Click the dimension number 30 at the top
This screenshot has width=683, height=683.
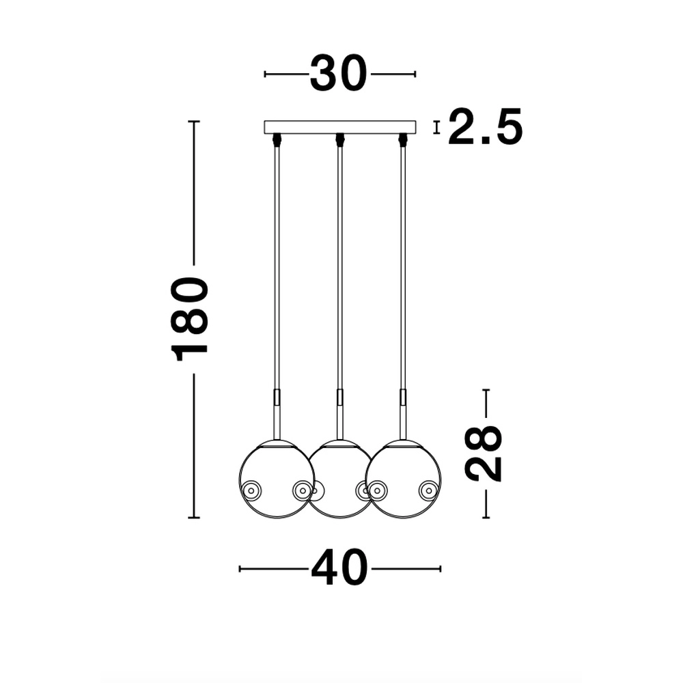(339, 74)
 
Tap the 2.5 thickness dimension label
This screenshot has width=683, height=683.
(485, 127)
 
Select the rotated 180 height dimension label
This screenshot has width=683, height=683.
(190, 319)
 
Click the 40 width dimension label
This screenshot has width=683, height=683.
(339, 568)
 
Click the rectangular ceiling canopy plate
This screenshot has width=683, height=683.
(339, 127)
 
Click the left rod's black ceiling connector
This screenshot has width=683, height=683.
(276, 139)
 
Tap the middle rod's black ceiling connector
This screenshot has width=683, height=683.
(339, 139)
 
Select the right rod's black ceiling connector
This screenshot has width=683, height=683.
(403, 139)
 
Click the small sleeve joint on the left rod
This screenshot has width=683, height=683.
(276, 397)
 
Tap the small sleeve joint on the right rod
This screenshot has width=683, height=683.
(403, 397)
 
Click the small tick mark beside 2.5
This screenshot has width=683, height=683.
(436, 127)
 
